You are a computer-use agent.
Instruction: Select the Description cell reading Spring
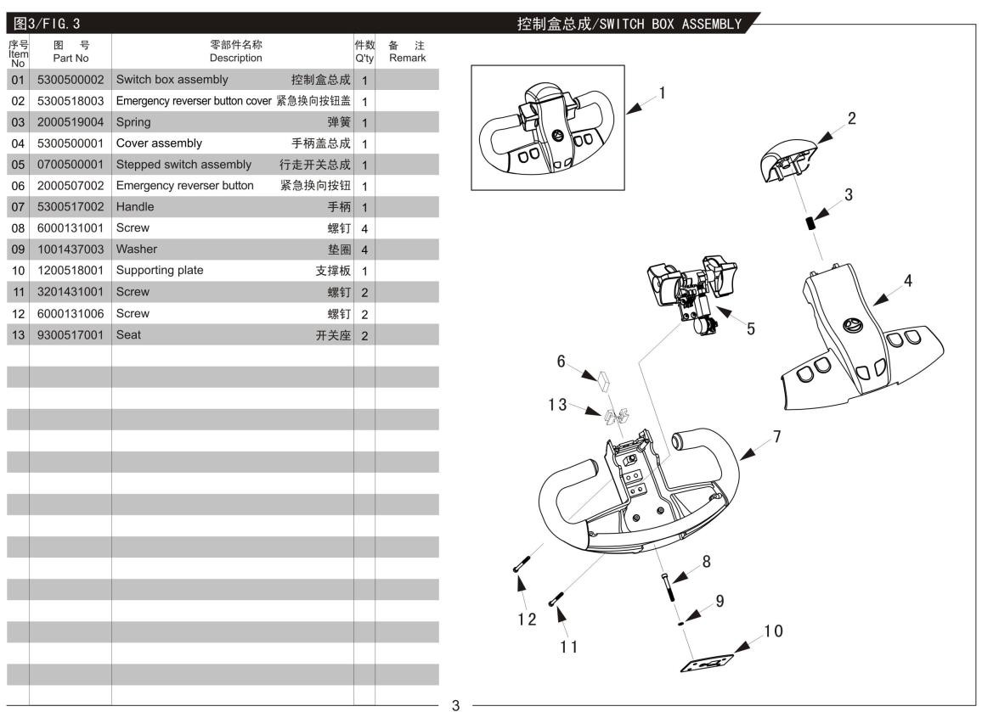click(133, 122)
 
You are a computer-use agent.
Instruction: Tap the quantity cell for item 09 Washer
click(364, 249)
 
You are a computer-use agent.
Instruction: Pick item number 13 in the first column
click(18, 334)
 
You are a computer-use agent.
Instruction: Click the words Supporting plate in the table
click(160, 271)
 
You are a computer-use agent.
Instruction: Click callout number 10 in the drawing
click(773, 631)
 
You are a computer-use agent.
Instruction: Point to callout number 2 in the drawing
click(851, 118)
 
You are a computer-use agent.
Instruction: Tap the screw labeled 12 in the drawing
click(520, 564)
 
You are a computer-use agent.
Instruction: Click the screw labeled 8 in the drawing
click(665, 585)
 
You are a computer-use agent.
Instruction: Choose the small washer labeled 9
click(681, 621)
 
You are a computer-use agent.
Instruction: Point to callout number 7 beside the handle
click(776, 436)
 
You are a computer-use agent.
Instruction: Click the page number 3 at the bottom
click(455, 704)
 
